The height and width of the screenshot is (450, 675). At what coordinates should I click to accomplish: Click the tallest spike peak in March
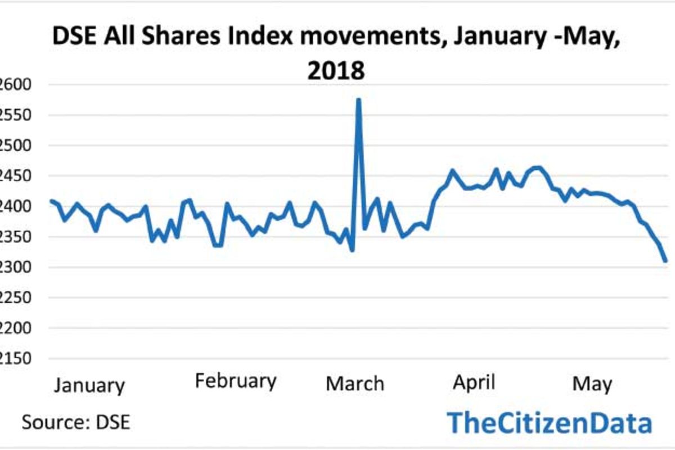point(358,100)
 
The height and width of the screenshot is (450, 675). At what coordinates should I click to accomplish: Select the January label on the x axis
point(90,386)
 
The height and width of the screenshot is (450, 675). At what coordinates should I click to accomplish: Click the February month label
point(236,381)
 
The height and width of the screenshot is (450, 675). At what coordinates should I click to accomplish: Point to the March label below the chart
point(355,384)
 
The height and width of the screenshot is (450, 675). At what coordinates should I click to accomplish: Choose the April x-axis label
point(474,382)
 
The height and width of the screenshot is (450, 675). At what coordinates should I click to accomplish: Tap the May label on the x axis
point(592,385)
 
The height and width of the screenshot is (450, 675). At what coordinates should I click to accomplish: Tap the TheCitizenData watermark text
point(550,422)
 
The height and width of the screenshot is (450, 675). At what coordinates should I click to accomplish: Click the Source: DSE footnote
point(76,422)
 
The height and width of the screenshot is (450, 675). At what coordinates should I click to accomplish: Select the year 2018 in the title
point(336,71)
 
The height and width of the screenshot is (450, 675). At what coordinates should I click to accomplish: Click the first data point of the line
point(51,201)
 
